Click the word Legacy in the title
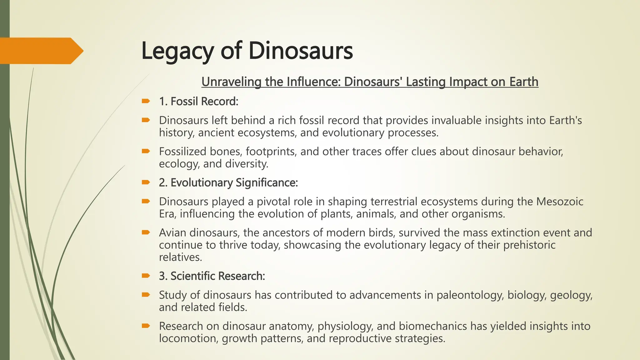177,51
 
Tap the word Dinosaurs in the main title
301,51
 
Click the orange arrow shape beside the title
41,51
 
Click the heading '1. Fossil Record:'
198,102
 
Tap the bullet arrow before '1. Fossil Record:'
146,101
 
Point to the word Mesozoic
560,202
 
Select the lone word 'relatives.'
180,257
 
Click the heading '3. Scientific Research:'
212,276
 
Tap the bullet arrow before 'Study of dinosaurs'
146,294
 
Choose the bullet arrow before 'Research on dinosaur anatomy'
146,326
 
